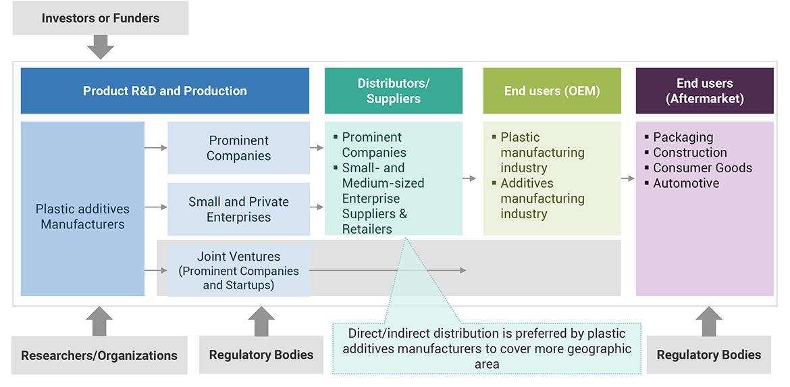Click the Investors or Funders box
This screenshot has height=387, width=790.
[x=100, y=18]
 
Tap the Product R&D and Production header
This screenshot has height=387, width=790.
[x=165, y=91]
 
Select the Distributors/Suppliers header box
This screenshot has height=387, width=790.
[x=393, y=91]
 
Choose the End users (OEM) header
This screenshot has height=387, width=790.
[x=552, y=91]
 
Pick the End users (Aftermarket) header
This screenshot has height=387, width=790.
[x=704, y=91]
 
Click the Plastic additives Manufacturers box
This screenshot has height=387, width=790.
[x=82, y=216]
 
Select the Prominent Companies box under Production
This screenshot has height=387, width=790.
[x=238, y=148]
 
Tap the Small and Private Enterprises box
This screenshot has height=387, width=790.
[x=238, y=209]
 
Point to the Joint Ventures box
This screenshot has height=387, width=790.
[x=238, y=271]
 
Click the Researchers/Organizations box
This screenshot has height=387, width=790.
[x=99, y=355]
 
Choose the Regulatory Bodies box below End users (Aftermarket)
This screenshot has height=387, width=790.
[x=708, y=355]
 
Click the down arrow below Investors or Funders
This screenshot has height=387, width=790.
[x=100, y=47]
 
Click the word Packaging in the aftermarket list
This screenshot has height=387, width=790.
[x=683, y=137]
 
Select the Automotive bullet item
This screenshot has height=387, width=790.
[x=685, y=183]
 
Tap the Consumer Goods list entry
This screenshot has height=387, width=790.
[x=702, y=167]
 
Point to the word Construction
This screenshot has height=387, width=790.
[x=689, y=153]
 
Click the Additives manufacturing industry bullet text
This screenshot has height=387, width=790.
[x=542, y=199]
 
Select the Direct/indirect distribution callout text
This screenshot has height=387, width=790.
[x=486, y=349]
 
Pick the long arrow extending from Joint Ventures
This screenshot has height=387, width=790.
[x=388, y=270]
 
